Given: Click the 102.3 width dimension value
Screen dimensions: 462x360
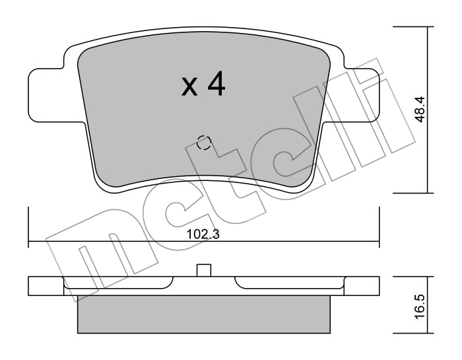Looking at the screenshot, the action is tap(203, 234).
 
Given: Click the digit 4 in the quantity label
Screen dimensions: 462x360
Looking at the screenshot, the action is tap(216, 85).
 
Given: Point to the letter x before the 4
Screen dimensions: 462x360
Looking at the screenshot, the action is tap(189, 87).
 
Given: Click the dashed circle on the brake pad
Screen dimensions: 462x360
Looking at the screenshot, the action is tap(204, 143).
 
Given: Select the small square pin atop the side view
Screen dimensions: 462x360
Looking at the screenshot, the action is tap(204, 270).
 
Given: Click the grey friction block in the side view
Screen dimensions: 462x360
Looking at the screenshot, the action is tap(203, 314).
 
